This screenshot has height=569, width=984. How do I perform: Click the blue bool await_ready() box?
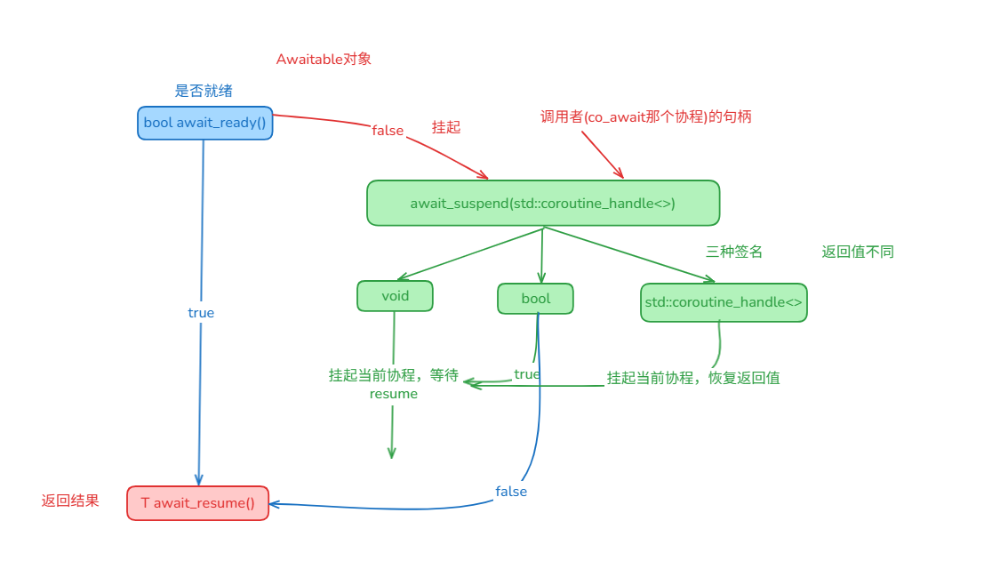pyautogui.click(x=204, y=123)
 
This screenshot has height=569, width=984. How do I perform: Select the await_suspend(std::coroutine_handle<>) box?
pyautogui.click(x=542, y=204)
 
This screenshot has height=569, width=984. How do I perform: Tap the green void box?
pyautogui.click(x=395, y=296)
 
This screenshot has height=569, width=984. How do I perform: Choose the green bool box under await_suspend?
pyautogui.click(x=535, y=299)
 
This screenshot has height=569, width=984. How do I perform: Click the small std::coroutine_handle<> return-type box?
pyautogui.click(x=724, y=302)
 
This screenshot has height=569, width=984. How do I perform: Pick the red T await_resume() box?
pyautogui.click(x=197, y=503)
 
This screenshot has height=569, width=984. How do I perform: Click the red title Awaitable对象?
pyautogui.click(x=324, y=60)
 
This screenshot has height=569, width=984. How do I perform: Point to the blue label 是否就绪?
pyautogui.click(x=204, y=91)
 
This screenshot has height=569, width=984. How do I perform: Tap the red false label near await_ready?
pyautogui.click(x=388, y=131)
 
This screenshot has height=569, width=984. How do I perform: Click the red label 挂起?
pyautogui.click(x=445, y=127)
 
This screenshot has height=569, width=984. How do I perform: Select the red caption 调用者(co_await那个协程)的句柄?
pyautogui.click(x=646, y=116)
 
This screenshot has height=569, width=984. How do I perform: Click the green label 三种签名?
pyautogui.click(x=734, y=252)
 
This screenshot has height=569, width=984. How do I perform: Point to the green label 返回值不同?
pyautogui.click(x=858, y=252)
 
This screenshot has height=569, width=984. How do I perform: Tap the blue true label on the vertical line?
pyautogui.click(x=201, y=313)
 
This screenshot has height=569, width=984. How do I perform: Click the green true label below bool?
pyautogui.click(x=526, y=374)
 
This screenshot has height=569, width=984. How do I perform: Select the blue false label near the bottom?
pyautogui.click(x=511, y=492)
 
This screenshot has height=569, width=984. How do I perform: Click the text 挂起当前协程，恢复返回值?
pyautogui.click(x=693, y=378)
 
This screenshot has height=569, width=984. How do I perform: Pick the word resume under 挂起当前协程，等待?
pyautogui.click(x=393, y=394)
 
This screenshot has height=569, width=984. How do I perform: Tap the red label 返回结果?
pyautogui.click(x=70, y=501)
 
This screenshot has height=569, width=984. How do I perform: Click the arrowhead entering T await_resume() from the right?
pyautogui.click(x=275, y=504)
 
